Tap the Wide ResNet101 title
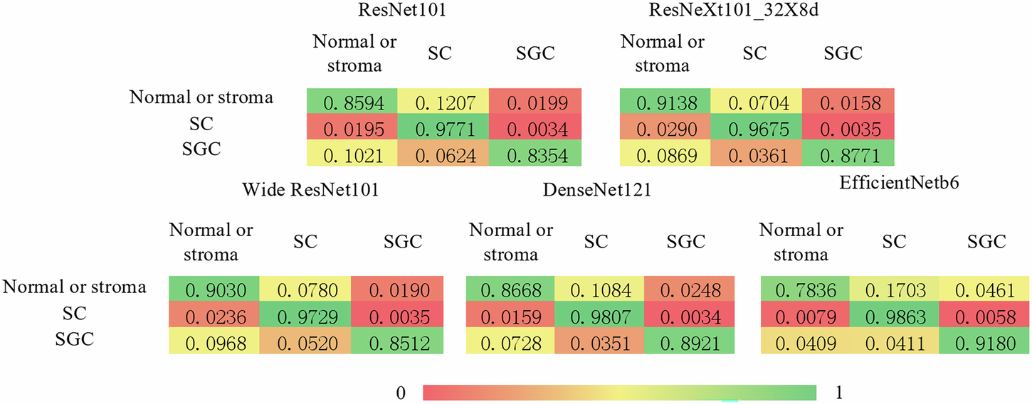point(309,190)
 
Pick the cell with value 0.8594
point(352,104)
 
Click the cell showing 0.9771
point(443,129)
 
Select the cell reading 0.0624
point(443,154)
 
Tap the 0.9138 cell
point(664,104)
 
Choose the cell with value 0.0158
point(847,104)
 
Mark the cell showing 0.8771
point(847,154)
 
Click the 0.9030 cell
point(214,291)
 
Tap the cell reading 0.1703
point(895,291)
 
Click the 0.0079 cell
point(804,317)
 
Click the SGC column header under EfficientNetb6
point(986,242)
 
